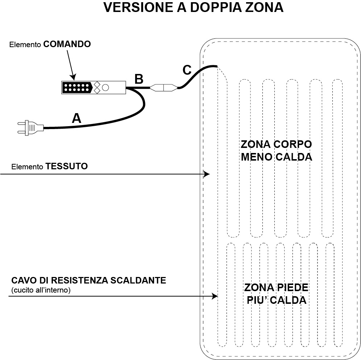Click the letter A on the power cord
coord(77,118)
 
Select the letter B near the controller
coord(139,79)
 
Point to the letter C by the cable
coord(187,70)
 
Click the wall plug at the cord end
coord(30,128)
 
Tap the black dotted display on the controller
coord(77,87)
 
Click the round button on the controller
coord(105,87)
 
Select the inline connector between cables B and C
coord(164,87)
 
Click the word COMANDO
coord(67,44)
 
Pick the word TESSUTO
coord(67,166)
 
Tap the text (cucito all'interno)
coord(41,290)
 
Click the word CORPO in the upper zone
coord(292,144)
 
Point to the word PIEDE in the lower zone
coord(292,287)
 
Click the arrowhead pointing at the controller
coord(74,77)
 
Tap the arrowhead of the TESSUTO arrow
coord(207,174)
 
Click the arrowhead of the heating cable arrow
coord(215,296)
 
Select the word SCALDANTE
coord(138,280)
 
